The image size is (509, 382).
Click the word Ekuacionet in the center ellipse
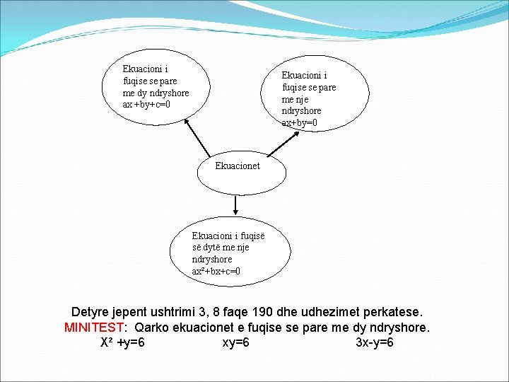pyautogui.click(x=238, y=166)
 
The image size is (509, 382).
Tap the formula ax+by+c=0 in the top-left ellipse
pyautogui.click(x=146, y=105)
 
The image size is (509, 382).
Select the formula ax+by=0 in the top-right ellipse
pyautogui.click(x=300, y=123)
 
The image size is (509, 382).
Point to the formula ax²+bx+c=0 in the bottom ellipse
pyautogui.click(x=216, y=271)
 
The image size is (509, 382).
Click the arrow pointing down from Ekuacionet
pyautogui.click(x=235, y=205)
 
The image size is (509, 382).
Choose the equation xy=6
pyautogui.click(x=235, y=343)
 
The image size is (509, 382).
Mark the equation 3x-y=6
pyautogui.click(x=374, y=343)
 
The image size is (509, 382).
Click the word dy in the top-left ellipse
pyautogui.click(x=145, y=93)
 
